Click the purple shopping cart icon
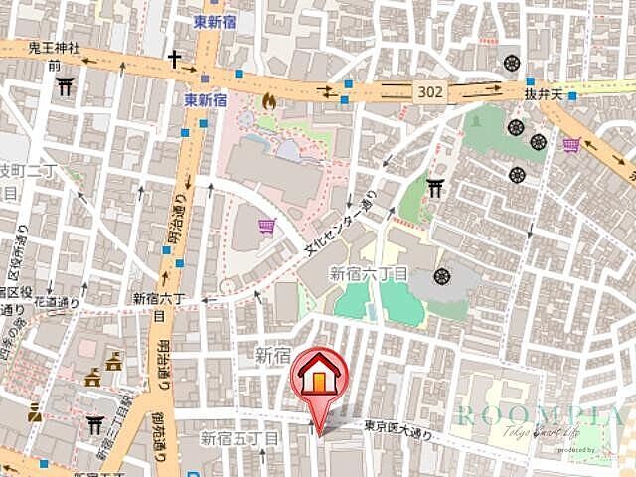[265, 227]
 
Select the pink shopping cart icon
[571, 146]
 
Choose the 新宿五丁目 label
[238, 437]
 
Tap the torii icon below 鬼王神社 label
[65, 86]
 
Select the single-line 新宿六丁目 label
[368, 273]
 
